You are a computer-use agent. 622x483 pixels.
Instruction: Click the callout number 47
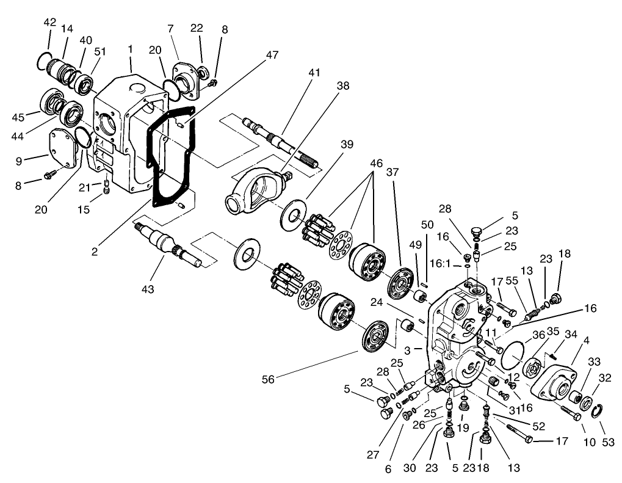tap(272, 55)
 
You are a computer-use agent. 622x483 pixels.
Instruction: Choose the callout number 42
tap(49, 23)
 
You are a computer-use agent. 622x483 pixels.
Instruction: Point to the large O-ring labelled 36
tap(511, 355)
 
